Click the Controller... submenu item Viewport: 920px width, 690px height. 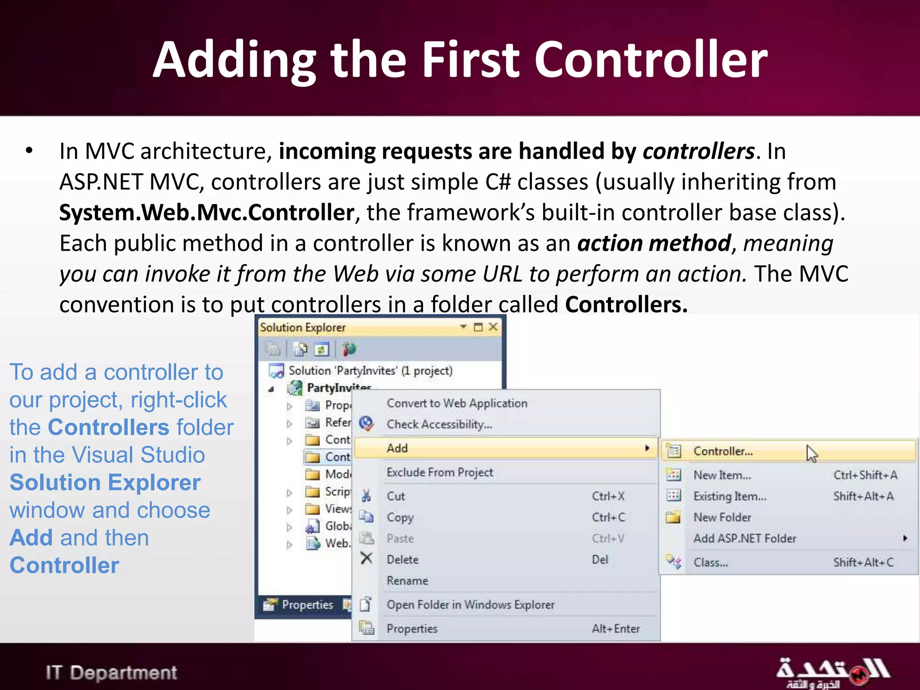pos(723,451)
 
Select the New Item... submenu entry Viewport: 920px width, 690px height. pos(722,475)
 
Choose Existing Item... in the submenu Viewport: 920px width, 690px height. pos(730,496)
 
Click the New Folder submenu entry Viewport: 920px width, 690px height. pos(722,517)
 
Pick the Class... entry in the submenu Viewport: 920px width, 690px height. pos(710,562)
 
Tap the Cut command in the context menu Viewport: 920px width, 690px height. pos(396,496)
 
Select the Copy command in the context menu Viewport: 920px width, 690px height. pos(400,517)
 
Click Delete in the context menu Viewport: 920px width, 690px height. pos(402,559)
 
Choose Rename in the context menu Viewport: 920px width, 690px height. pos(407,580)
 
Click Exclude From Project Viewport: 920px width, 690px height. pos(440,472)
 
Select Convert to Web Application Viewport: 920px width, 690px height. pos(457,403)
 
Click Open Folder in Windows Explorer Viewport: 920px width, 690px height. pos(470,605)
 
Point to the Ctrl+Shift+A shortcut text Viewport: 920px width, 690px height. pos(865,475)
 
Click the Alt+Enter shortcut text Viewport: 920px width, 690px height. pos(615,628)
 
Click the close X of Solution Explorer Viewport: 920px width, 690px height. pos(493,327)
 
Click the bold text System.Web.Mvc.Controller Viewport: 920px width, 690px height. pos(207,212)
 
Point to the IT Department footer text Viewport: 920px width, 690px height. pos(111,672)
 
